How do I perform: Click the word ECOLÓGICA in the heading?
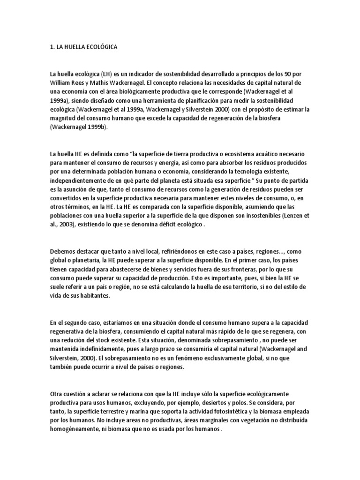pyautogui.click(x=102, y=47)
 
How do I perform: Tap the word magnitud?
pyautogui.click(x=63, y=118)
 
